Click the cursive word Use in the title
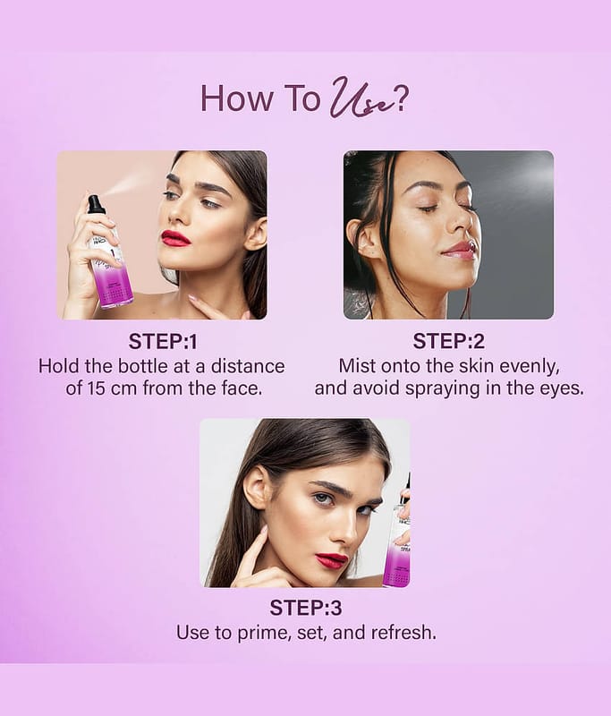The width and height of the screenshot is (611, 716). click(359, 100)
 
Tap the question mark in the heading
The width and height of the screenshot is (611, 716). click(400, 99)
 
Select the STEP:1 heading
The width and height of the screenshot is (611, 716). click(163, 342)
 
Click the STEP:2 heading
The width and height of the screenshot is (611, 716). click(448, 342)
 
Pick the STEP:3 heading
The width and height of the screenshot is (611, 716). click(306, 608)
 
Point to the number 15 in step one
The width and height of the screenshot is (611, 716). click(95, 388)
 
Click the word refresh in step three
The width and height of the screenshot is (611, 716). click(403, 633)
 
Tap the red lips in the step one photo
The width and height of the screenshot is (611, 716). click(175, 238)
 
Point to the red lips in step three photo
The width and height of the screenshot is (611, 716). click(332, 560)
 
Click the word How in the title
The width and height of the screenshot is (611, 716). click(236, 98)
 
